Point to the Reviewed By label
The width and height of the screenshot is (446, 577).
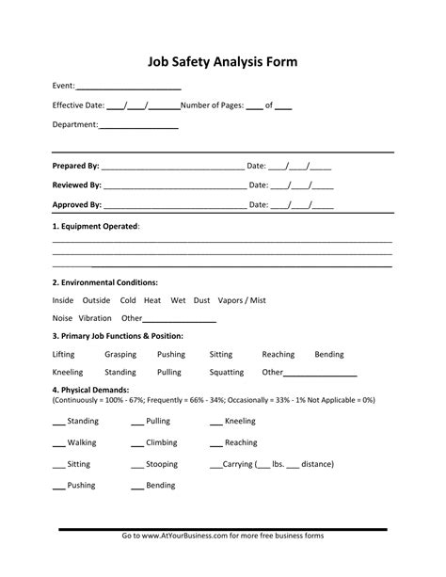pyautogui.click(x=77, y=185)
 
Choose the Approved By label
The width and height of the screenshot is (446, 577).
pyautogui.click(x=77, y=204)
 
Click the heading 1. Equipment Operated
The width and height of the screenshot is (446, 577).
pyautogui.click(x=96, y=226)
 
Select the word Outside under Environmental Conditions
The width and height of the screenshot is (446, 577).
pyautogui.click(x=97, y=300)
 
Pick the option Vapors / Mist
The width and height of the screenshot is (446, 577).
pyautogui.click(x=242, y=300)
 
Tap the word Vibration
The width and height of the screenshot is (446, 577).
pyautogui.click(x=95, y=318)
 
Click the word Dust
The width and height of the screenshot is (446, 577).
pyautogui.click(x=201, y=300)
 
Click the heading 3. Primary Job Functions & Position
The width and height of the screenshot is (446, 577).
pyautogui.click(x=118, y=336)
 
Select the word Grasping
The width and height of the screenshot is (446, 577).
pyautogui.click(x=120, y=355)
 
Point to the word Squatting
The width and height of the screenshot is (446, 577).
pyautogui.click(x=226, y=372)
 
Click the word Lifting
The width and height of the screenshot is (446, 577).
pyautogui.click(x=65, y=355)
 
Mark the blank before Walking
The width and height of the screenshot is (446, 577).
pyautogui.click(x=58, y=443)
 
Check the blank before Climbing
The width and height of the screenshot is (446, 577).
pyautogui.click(x=136, y=443)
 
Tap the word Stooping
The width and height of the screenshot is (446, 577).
pyautogui.click(x=162, y=464)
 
